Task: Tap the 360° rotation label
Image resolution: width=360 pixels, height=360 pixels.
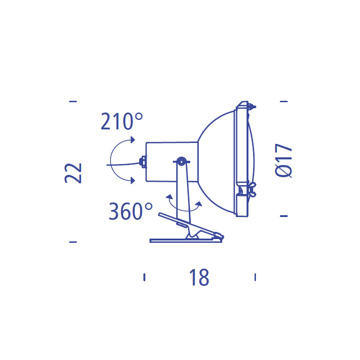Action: coord(131,211)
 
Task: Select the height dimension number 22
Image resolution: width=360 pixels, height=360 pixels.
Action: coord(74,172)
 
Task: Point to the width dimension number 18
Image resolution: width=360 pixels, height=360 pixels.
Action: coord(199,277)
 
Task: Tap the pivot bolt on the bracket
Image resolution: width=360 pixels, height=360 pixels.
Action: coord(181,162)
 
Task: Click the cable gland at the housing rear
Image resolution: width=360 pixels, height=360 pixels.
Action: coord(143,162)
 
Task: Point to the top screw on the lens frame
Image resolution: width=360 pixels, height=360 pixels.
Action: coord(253,106)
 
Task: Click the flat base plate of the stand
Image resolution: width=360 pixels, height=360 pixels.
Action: coord(185,240)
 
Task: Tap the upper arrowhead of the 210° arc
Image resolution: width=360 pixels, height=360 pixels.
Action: coord(133,140)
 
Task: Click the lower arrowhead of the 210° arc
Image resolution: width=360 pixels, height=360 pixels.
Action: coord(133,180)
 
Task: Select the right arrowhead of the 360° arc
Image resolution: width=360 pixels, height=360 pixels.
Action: coord(199,204)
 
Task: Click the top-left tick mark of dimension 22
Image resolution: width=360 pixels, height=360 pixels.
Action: coord(73,101)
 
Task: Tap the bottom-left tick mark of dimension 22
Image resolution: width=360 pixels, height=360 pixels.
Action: coord(73,242)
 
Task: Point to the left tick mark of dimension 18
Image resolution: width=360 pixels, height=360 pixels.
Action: coord(144,277)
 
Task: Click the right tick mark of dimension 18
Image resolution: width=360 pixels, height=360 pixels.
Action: coord(255,277)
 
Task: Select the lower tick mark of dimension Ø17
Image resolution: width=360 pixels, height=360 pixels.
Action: coord(283,216)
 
